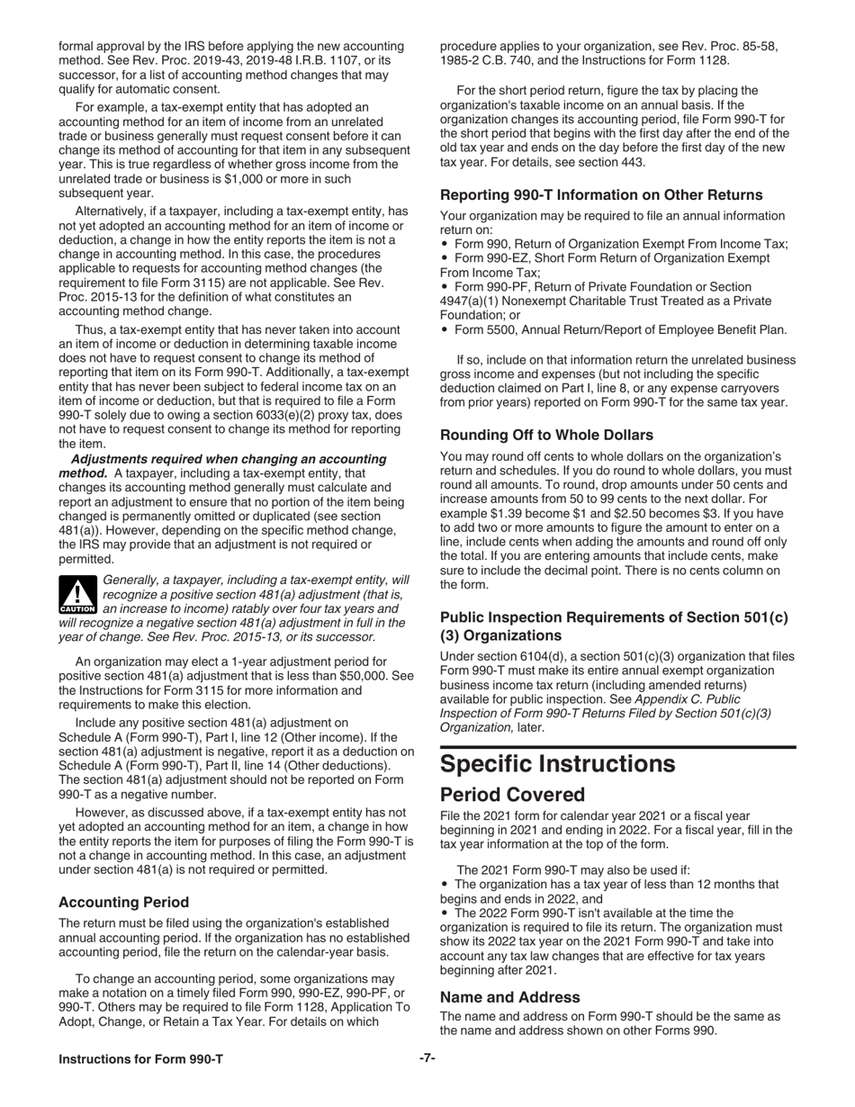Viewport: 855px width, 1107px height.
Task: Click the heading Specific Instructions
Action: pyautogui.click(x=557, y=763)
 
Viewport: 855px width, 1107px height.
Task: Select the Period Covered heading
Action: pyautogui.click(x=512, y=795)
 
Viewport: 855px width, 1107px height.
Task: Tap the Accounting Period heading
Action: pyautogui.click(x=123, y=902)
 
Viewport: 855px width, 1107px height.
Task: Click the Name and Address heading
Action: pyautogui.click(x=509, y=996)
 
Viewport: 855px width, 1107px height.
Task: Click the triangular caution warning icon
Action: pyautogui.click(x=76, y=594)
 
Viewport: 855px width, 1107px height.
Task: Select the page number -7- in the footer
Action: pyautogui.click(x=427, y=1058)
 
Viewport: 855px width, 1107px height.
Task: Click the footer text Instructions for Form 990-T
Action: pyautogui.click(x=140, y=1059)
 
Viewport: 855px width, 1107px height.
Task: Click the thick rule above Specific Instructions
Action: pyautogui.click(x=617, y=747)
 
